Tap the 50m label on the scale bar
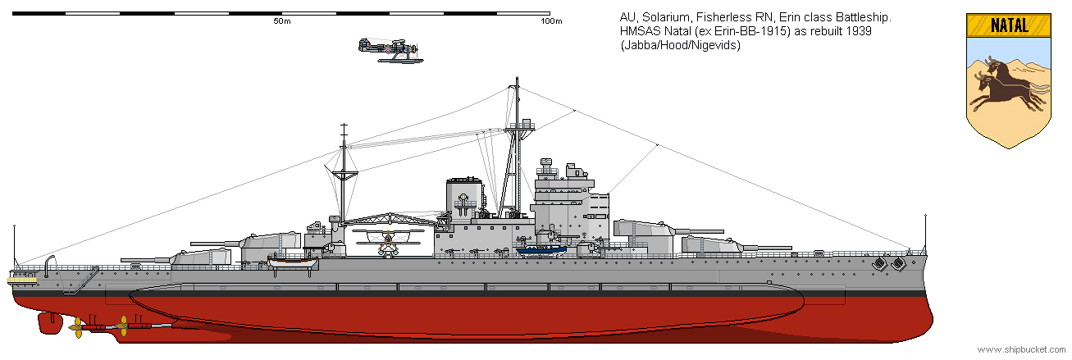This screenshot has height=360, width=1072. tap(282, 21)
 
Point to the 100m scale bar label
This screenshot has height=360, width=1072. tap(551, 21)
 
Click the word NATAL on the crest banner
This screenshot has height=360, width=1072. tap(1009, 25)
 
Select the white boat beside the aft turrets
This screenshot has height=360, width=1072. tap(293, 262)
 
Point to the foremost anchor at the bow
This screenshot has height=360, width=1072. tap(899, 263)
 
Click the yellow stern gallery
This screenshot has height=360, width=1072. tap(24, 280)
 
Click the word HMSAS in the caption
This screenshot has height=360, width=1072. tap(640, 31)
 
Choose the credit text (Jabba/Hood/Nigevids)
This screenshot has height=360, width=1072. tap(681, 45)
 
